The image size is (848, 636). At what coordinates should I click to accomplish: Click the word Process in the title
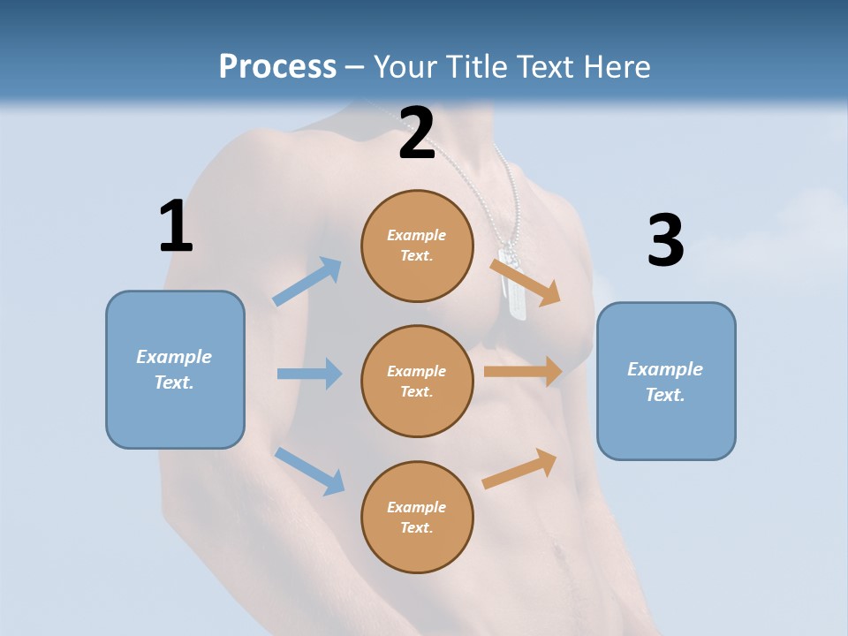coord(277,66)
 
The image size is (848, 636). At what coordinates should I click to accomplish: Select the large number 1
coord(176,226)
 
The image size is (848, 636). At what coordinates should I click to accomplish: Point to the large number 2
coord(417,133)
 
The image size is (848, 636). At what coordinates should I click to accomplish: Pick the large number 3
coord(665,240)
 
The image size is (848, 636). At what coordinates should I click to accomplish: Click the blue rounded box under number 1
coord(175,369)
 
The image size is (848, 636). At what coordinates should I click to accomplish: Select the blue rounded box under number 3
coord(666,381)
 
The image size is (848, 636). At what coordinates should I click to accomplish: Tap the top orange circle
coord(417,246)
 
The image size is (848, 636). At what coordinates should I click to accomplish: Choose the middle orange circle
coord(417,381)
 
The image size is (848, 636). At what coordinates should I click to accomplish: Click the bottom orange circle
coord(417,517)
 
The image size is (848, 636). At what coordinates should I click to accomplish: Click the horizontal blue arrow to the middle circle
coord(309,374)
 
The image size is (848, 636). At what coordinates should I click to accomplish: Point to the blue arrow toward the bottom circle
coord(310,470)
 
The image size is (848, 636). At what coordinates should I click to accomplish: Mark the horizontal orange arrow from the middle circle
coord(523,372)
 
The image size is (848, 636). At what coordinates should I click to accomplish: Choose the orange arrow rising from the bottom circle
coord(520,468)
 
